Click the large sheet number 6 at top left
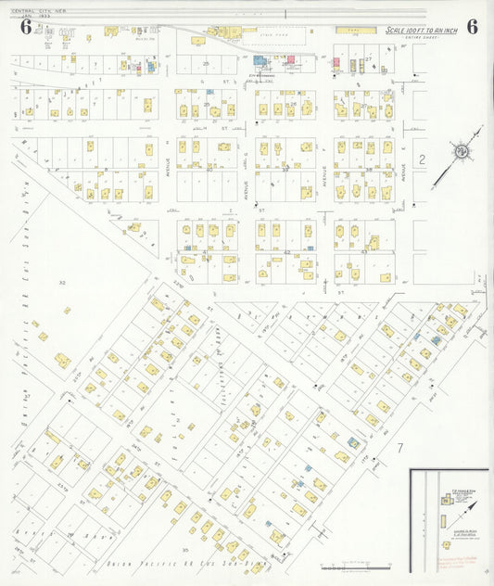pyautogui.click(x=25, y=26)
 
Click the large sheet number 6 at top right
pyautogui.click(x=472, y=26)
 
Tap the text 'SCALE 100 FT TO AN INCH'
pyautogui.click(x=423, y=31)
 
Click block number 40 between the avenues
pyautogui.click(x=209, y=169)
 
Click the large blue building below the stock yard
pyautogui.click(x=259, y=61)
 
